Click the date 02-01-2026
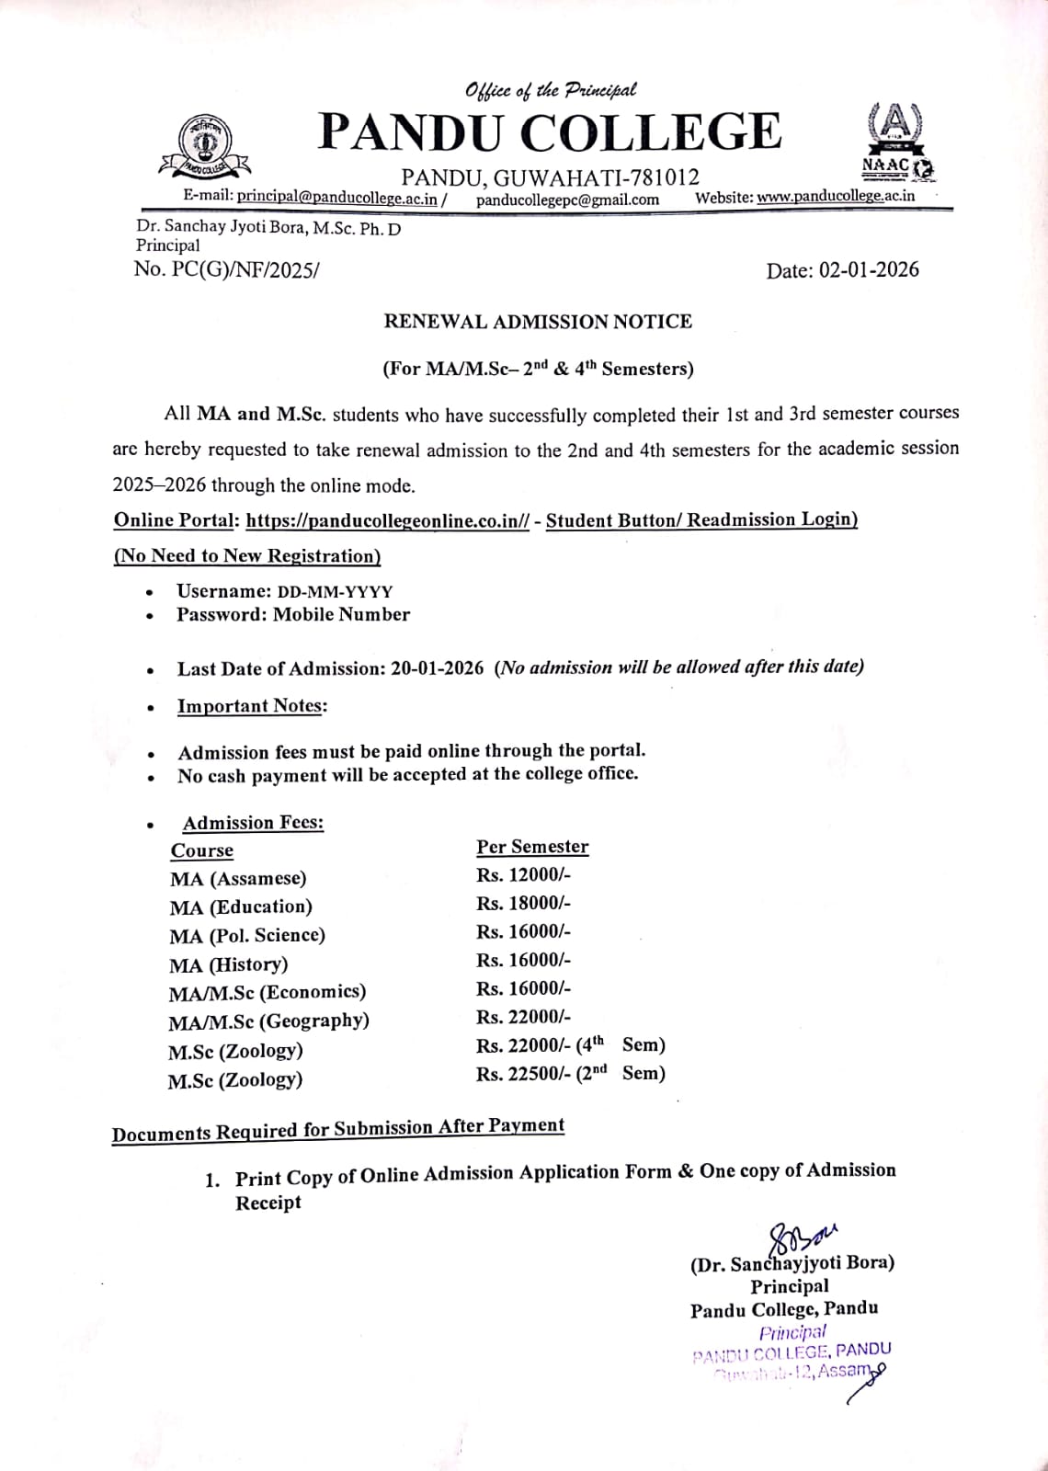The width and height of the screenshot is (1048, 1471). (x=869, y=269)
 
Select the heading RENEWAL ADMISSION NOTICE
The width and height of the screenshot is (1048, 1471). (x=538, y=322)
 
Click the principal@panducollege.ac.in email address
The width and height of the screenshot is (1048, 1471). (x=337, y=197)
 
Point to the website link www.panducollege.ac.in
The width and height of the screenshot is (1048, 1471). (x=836, y=196)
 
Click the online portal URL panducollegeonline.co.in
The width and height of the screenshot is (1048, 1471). (x=388, y=520)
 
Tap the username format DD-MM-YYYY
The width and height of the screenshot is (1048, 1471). (x=335, y=592)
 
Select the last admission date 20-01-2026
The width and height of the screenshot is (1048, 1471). (x=437, y=668)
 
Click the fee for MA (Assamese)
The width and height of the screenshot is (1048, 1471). (x=523, y=874)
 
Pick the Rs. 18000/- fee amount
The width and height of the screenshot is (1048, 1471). (x=523, y=903)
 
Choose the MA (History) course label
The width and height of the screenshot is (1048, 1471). (x=229, y=964)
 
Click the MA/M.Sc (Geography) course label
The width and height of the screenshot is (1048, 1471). (x=268, y=1021)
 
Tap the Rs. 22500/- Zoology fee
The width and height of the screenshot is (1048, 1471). (x=523, y=1074)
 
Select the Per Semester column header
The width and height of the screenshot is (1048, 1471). (x=532, y=847)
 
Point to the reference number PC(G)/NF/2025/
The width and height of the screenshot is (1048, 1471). (x=245, y=269)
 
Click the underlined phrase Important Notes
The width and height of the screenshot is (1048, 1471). (x=252, y=706)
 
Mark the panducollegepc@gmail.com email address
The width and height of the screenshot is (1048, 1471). (x=567, y=200)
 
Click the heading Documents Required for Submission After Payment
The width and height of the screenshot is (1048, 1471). (x=338, y=1129)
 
